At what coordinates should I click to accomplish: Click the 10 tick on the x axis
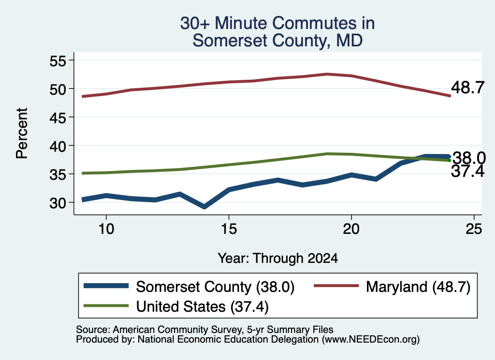click(106, 229)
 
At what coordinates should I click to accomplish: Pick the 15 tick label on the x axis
click(229, 229)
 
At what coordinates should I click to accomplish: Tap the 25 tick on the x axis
click(474, 229)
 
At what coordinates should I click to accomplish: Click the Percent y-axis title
click(22, 133)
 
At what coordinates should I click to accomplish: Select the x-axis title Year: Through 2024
click(278, 258)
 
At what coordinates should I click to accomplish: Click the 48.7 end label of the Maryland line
click(467, 87)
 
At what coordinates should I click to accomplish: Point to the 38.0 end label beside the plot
click(469, 158)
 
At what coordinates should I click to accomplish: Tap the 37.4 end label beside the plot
click(467, 172)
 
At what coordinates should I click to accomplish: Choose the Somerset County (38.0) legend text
click(215, 287)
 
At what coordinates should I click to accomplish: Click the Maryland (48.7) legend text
click(418, 287)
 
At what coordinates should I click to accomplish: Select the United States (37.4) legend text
click(203, 307)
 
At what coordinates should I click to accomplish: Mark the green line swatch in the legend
click(106, 305)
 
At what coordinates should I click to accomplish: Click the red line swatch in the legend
click(336, 286)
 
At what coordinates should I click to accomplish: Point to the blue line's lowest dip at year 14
click(204, 207)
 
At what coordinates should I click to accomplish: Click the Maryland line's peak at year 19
click(327, 74)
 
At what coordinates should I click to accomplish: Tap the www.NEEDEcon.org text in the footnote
click(371, 340)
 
